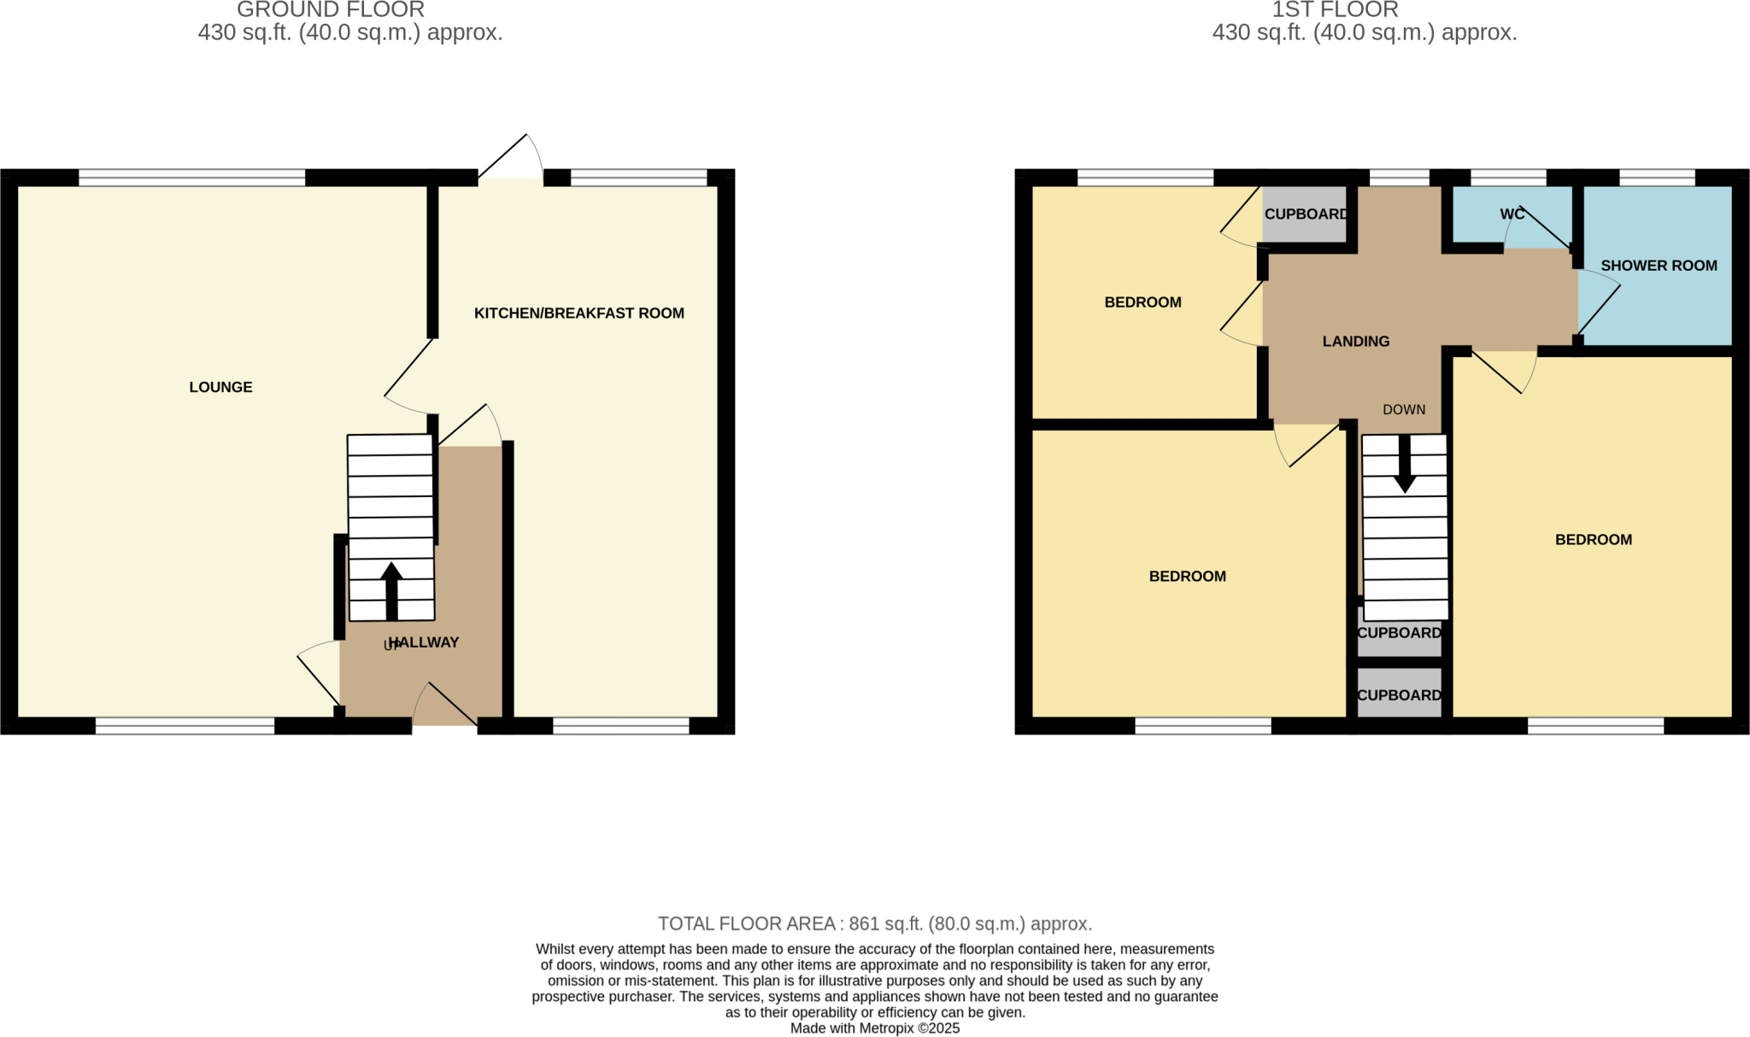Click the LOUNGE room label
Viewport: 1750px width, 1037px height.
pos(220,387)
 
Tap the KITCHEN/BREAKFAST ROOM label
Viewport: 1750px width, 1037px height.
pos(578,313)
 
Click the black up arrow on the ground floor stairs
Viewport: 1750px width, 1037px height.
pos(391,589)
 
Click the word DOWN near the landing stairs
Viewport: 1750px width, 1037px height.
pos(1404,410)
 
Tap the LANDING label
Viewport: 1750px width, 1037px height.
pos(1355,342)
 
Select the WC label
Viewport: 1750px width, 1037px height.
pos(1512,214)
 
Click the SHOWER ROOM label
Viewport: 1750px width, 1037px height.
pos(1658,266)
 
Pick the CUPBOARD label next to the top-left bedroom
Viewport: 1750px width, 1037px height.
pos(1306,214)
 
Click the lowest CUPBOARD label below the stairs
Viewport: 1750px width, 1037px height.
pos(1399,695)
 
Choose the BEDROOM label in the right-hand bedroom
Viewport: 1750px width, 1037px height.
pos(1593,540)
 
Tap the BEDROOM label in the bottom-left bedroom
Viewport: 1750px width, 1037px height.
pos(1187,577)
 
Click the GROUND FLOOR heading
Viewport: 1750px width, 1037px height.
pos(330,10)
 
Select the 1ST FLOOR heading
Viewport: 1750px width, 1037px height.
pos(1335,10)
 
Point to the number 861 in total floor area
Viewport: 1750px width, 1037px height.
pos(864,923)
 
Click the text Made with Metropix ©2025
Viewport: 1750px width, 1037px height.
pos(874,1028)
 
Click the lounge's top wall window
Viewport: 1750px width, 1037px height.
pos(191,178)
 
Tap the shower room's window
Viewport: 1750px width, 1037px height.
pos(1657,178)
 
